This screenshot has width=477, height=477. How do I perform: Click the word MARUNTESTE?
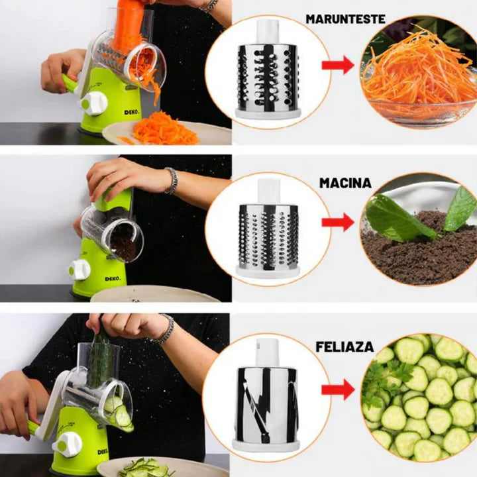point(345,19)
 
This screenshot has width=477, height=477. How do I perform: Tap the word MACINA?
point(345,183)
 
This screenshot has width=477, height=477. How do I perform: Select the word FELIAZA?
point(344,346)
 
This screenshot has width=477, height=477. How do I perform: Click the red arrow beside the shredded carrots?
point(338,65)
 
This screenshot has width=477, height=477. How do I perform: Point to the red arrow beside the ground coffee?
point(338,223)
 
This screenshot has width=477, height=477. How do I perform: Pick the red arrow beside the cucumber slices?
point(338,390)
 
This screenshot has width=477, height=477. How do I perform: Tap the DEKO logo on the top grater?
point(131,112)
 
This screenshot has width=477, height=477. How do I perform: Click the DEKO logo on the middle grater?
point(113,279)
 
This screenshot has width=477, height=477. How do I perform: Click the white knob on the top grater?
point(93,104)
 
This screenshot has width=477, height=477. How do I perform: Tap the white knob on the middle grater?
point(79,270)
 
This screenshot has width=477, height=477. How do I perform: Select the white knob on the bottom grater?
point(68,445)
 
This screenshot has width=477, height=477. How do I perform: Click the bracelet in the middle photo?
point(172,181)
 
